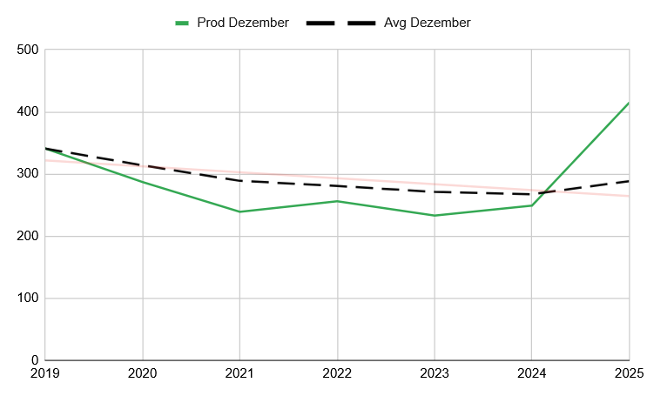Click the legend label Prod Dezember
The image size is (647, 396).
243,23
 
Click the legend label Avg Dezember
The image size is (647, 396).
427,23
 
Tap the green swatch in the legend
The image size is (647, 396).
182,23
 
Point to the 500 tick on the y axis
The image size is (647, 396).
29,50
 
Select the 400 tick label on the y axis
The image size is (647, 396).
29,112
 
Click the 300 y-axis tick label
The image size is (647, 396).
29,174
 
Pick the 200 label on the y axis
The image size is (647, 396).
29,237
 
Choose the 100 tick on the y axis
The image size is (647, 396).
29,299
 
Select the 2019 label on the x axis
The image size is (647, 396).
45,373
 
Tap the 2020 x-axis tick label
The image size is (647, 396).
143,373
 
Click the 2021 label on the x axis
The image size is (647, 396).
240,373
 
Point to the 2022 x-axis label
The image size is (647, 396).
337,373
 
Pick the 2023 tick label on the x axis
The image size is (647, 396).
435,373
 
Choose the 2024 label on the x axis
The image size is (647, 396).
532,373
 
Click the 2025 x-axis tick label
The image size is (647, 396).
627,373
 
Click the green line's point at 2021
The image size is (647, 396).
240,211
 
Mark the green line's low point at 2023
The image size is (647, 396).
435,215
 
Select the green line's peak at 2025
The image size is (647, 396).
628,103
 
